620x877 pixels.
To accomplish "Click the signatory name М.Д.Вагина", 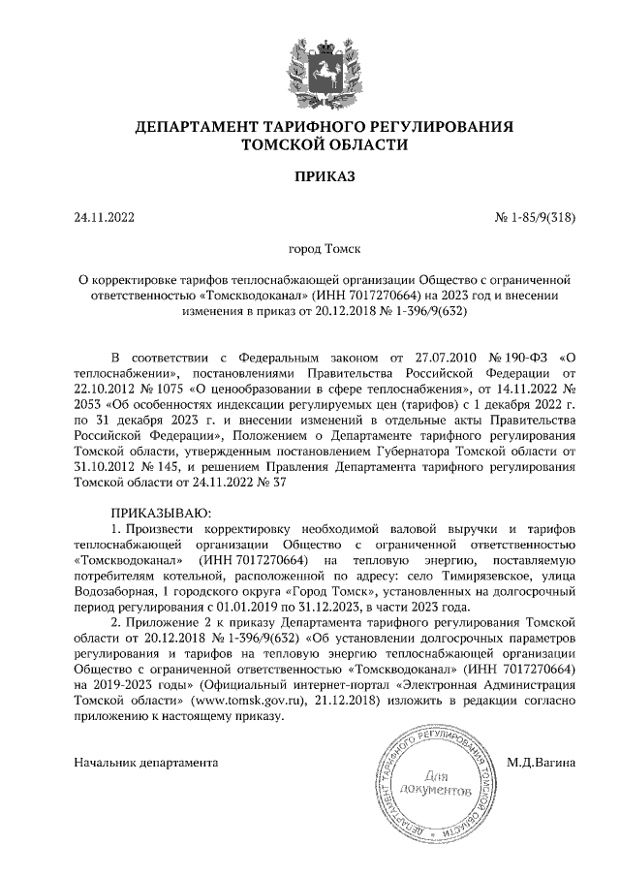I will tap(542, 762).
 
